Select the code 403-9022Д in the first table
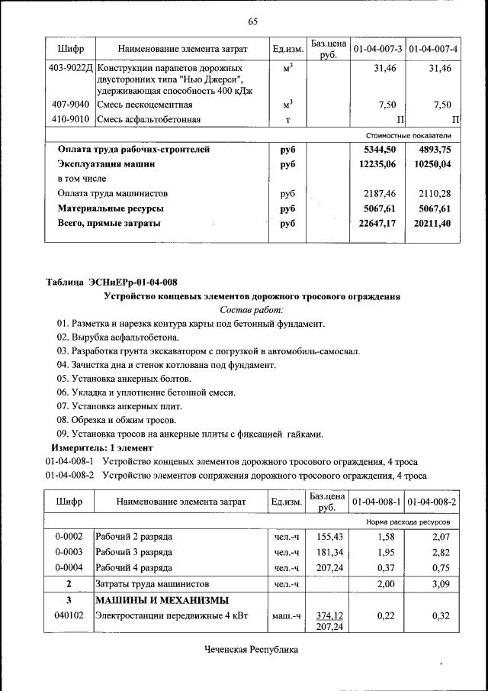pyautogui.click(x=70, y=69)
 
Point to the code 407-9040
pyautogui.click(x=70, y=105)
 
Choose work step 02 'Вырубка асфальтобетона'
pyautogui.click(x=118, y=337)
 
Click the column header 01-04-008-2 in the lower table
pyautogui.click(x=432, y=502)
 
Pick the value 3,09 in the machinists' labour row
pyautogui.click(x=441, y=583)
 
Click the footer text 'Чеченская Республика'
pyautogui.click(x=251, y=650)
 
